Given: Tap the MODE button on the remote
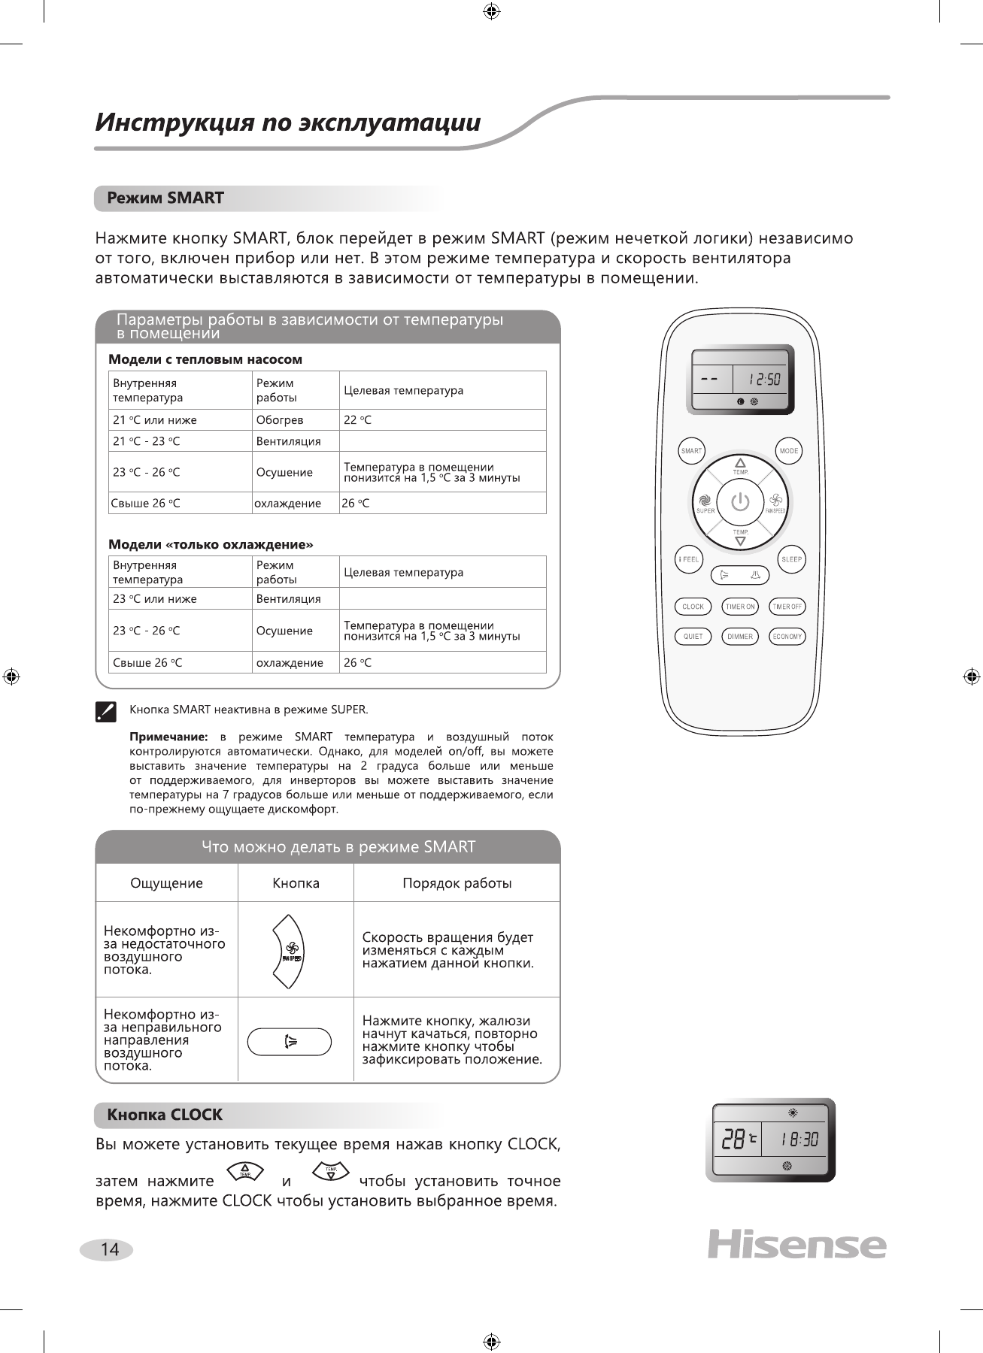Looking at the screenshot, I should point(789,451).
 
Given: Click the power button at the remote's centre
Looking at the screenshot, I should point(741,501).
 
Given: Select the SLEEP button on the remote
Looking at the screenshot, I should point(791,559).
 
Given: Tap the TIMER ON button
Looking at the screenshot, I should point(740,607).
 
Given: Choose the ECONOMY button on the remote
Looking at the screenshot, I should point(787,637).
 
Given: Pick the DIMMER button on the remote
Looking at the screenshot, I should point(740,637).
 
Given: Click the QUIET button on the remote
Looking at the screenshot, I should point(693,637).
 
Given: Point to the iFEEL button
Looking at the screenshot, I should point(689,559).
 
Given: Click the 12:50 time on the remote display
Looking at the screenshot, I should point(764,380).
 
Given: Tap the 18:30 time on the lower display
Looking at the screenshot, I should point(799,1140).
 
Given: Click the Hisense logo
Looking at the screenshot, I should point(796,1245).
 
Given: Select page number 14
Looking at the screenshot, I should point(110,1249).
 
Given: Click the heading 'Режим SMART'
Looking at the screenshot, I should point(165,198).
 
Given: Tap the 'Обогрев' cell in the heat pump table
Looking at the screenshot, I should point(280,420).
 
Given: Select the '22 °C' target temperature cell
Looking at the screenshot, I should point(358,420).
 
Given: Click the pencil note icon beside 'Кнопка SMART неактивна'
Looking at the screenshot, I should point(106,711).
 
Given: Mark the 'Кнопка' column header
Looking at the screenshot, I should point(296,883).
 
